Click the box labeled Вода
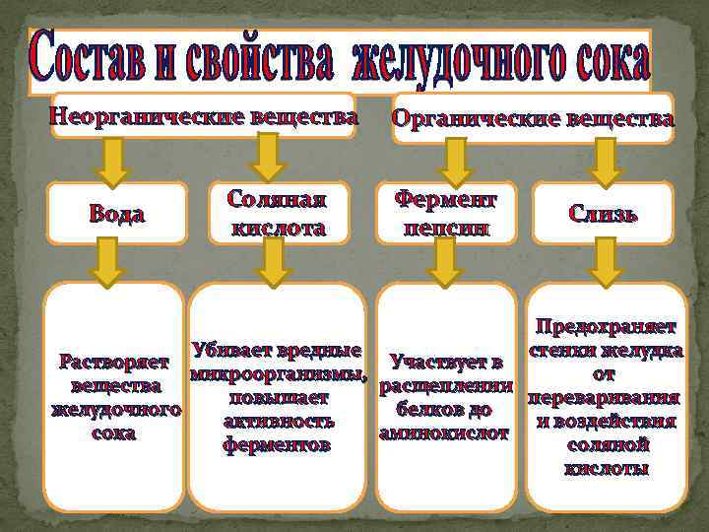117,214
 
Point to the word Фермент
446,200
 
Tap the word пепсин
446,228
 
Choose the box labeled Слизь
602,214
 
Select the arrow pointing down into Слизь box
608,161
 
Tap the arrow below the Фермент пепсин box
447,261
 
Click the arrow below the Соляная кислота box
275,261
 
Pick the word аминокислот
444,433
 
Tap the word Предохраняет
607,326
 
